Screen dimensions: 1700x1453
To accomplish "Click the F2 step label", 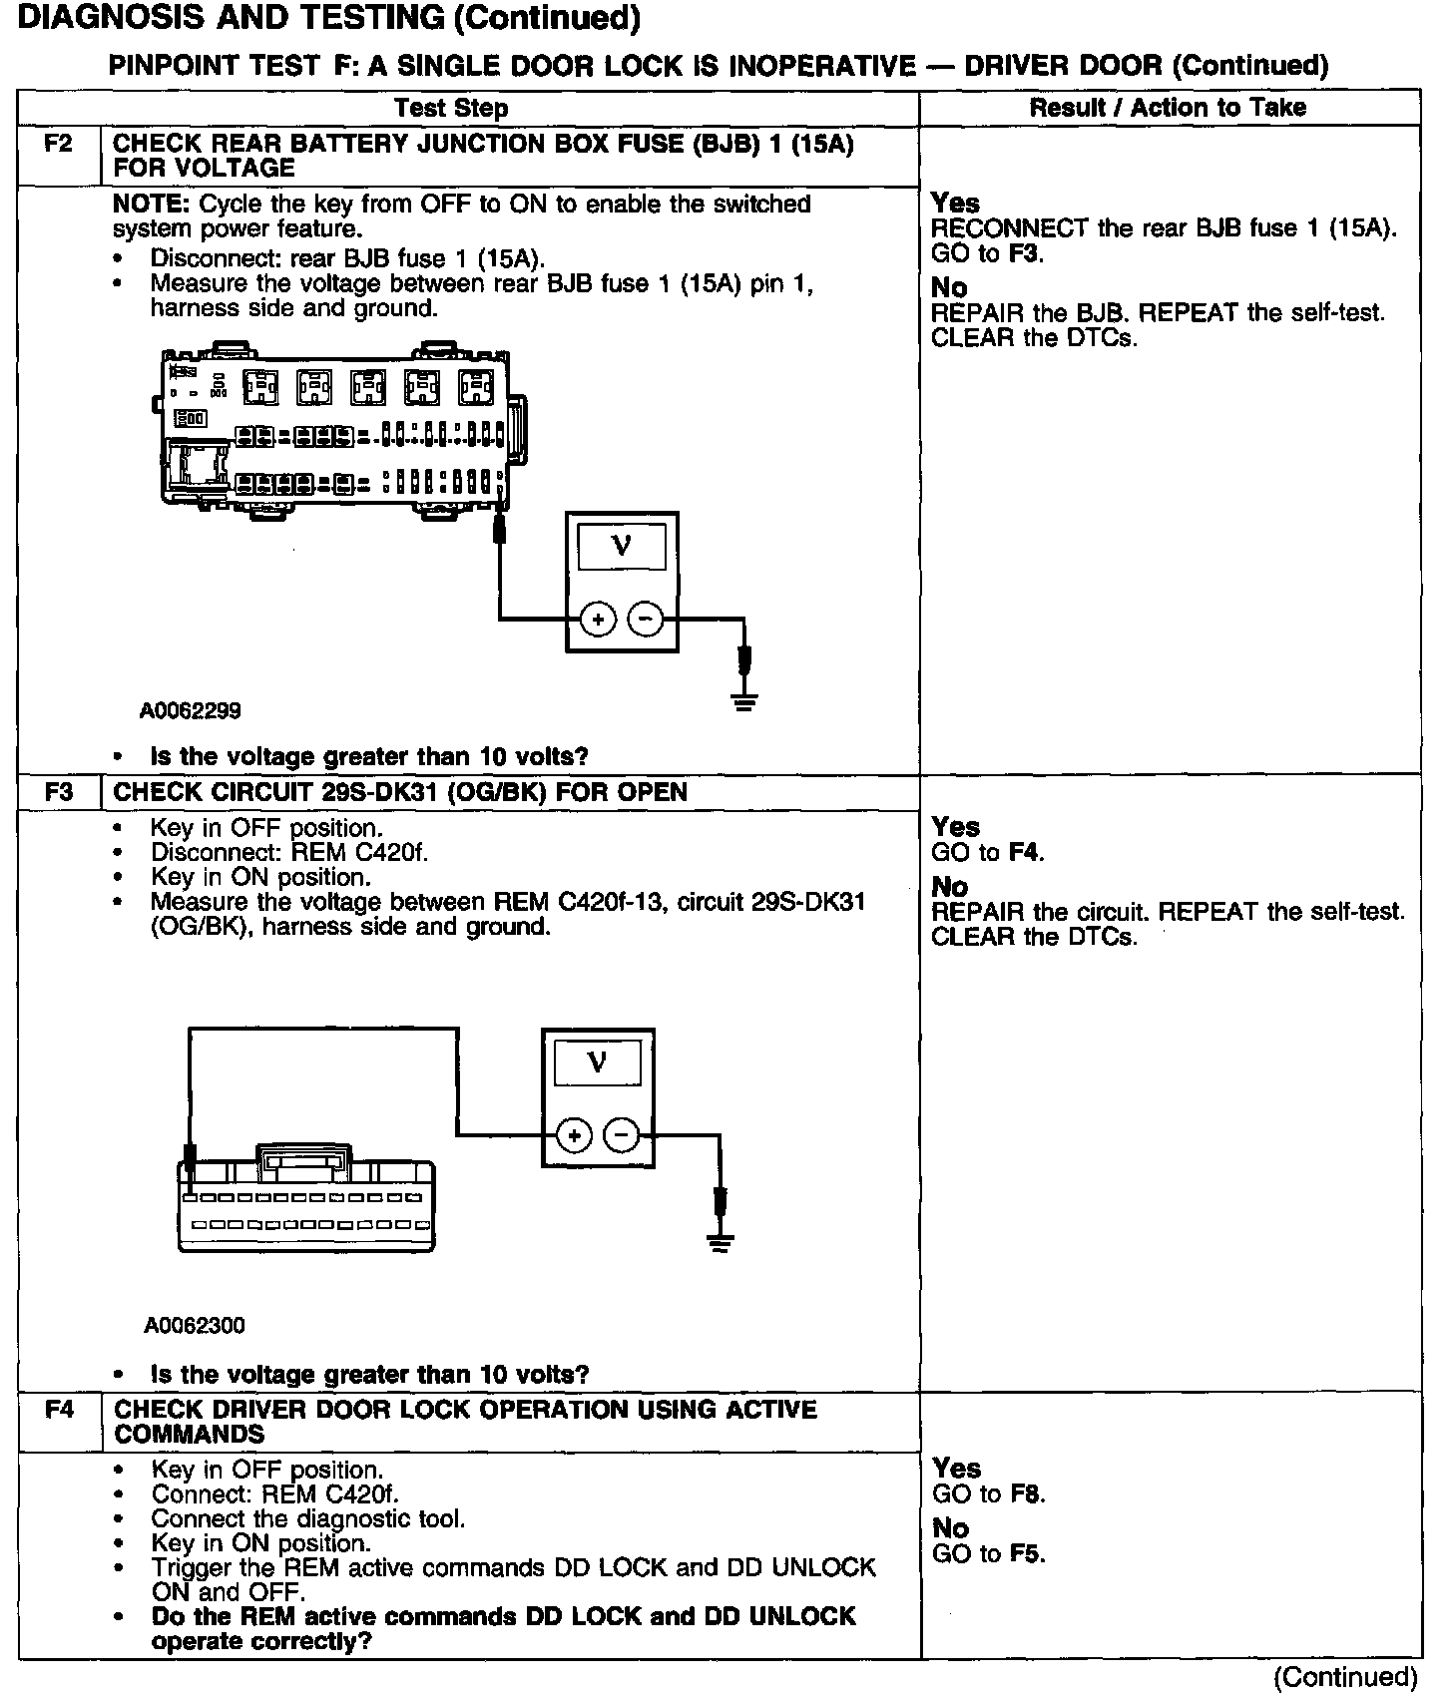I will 59,144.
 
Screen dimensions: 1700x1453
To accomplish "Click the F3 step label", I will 59,792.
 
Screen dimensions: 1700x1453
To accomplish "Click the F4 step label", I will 59,1410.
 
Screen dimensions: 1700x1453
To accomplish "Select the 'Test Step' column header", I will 451,108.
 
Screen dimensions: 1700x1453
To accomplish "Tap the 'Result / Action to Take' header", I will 1168,108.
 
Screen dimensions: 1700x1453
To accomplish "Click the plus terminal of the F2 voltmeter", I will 598,620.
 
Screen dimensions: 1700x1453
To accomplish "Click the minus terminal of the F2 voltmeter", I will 646,620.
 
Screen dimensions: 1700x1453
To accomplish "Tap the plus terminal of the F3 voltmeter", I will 574,1134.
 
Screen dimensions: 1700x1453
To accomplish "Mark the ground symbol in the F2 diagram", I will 743,700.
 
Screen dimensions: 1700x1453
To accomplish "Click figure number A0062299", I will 191,711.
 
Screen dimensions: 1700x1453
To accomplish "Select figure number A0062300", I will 195,1325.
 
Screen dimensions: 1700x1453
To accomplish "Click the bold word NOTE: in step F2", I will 152,205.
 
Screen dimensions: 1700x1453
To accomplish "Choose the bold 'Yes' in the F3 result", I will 955,827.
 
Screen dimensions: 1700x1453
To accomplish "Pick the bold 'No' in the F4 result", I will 950,1528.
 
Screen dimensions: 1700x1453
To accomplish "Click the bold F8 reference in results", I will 1027,1494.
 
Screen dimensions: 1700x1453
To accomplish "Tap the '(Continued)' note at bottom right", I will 1345,1678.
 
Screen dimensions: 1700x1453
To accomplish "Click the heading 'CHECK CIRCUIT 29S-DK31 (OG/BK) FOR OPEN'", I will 400,792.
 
